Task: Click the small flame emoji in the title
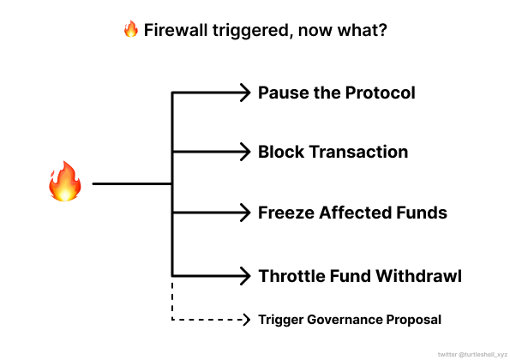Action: click(x=131, y=29)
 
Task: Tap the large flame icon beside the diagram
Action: click(x=65, y=182)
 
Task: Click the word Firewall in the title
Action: click(x=176, y=30)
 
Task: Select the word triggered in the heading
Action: click(x=251, y=31)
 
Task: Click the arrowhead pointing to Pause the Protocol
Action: click(x=245, y=93)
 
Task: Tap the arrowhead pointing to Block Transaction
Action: click(x=245, y=152)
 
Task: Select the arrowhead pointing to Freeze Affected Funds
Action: click(x=245, y=213)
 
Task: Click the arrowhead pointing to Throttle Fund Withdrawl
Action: click(x=245, y=276)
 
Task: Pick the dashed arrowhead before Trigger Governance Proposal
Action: click(x=247, y=320)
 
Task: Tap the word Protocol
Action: click(x=381, y=93)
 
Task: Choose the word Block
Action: click(x=281, y=152)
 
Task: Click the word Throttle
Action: click(x=291, y=276)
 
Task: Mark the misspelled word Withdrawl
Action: click(x=419, y=276)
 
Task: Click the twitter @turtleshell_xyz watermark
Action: click(x=472, y=355)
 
